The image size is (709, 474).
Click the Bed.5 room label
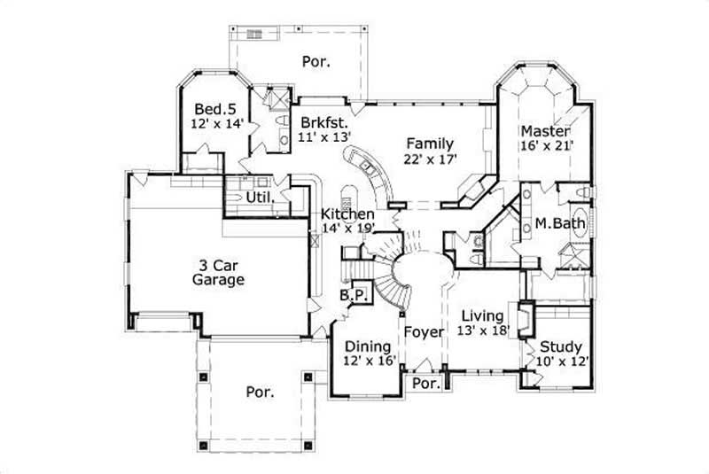click(x=213, y=108)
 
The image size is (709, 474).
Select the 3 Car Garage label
click(x=218, y=271)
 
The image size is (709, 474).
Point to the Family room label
click(x=430, y=143)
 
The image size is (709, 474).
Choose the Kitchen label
click(x=347, y=214)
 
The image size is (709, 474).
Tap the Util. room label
click(x=258, y=194)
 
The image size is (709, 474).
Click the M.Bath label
click(x=560, y=223)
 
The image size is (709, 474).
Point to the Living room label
click(x=483, y=315)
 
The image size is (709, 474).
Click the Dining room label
click(x=369, y=346)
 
